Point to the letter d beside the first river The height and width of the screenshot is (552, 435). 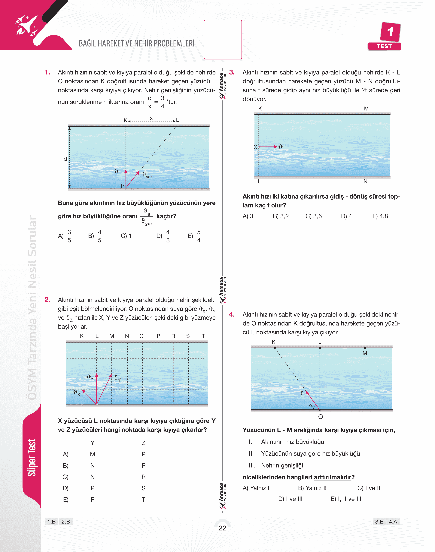(65, 159)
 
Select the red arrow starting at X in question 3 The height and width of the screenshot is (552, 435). (268, 147)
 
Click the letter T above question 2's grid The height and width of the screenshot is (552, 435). (203, 336)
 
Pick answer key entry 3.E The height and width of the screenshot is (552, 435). (379, 521)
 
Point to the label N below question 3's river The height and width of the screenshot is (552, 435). (365, 182)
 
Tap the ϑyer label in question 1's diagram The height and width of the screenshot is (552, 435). (147, 175)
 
